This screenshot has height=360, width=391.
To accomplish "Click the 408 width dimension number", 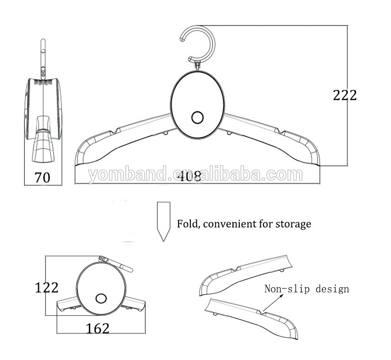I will tap(190, 176).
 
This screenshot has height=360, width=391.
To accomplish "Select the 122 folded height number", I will tap(47, 287).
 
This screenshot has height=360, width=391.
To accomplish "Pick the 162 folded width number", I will tap(97, 328).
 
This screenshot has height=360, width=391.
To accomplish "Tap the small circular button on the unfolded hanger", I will tap(197, 117).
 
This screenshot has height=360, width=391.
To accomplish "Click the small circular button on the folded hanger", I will tap(101, 298).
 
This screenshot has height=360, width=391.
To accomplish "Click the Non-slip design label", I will tap(306, 289).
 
